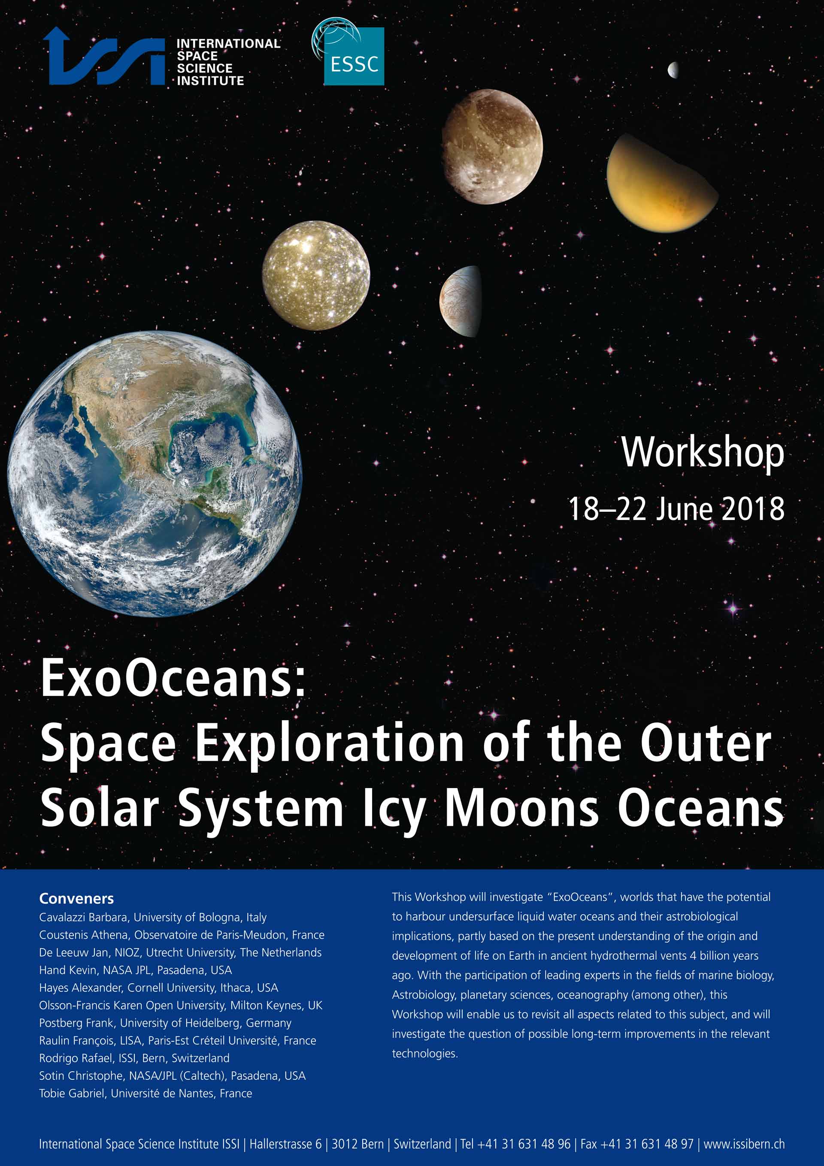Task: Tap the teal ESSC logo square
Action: coord(354,56)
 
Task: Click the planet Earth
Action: coord(154,473)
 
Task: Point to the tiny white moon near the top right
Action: coord(673,70)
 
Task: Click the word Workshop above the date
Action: coord(703,453)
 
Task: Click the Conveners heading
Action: coord(77,899)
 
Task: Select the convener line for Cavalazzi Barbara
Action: coord(153,917)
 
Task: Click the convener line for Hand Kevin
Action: coord(136,970)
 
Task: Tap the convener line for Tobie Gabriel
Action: coord(146,1093)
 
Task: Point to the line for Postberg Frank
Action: coord(166,1023)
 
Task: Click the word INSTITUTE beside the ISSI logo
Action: coord(210,81)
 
